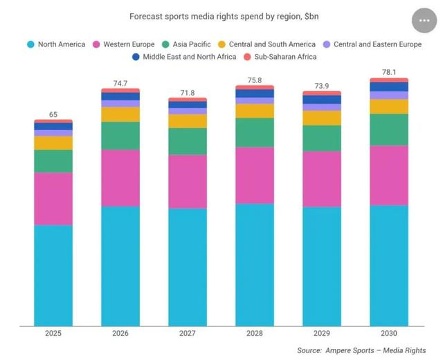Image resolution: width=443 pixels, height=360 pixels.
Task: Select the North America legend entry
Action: coord(62,44)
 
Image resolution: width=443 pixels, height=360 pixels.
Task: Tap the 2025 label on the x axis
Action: coord(53,333)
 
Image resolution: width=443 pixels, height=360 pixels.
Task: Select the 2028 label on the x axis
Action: coord(255,333)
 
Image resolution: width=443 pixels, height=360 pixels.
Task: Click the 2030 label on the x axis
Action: coord(388,333)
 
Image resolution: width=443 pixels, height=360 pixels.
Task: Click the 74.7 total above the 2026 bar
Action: coord(120,83)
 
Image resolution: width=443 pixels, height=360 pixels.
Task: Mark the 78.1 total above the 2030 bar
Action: coord(388,73)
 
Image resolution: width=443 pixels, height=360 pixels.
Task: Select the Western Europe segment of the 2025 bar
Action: coord(53,199)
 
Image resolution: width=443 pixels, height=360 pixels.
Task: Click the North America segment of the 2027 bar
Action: coord(188,267)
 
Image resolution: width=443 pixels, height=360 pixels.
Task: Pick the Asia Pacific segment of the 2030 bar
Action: coord(388,129)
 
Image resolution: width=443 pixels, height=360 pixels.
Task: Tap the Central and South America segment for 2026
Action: coord(120,115)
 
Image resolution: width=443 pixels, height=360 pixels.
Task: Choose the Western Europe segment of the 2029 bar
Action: coord(322,179)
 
